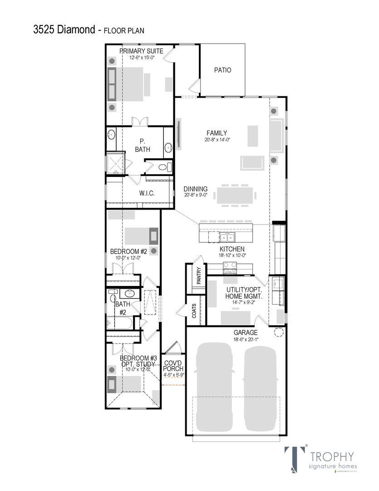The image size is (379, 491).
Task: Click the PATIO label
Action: click(222, 70)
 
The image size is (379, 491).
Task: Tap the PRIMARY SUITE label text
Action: click(141, 51)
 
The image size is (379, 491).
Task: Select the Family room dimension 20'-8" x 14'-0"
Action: click(217, 140)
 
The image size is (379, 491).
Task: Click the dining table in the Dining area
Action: click(235, 195)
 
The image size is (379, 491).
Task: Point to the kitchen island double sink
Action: click(226, 237)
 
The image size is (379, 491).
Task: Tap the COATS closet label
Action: click(194, 311)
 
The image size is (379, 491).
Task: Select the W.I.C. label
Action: click(147, 193)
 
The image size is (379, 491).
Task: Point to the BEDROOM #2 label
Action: click(128, 251)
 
